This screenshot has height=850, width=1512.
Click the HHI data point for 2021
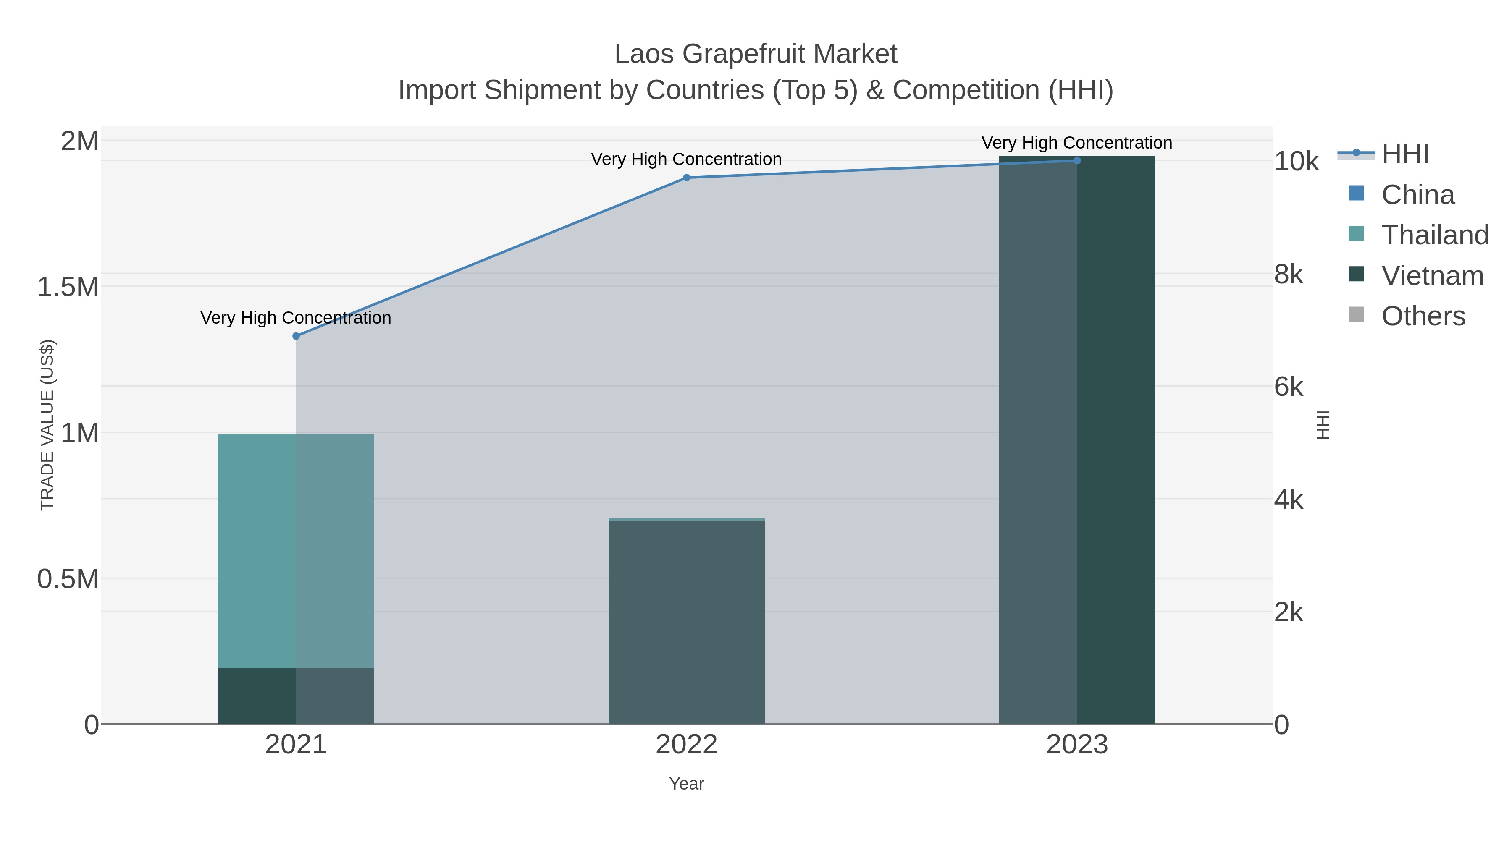point(296,336)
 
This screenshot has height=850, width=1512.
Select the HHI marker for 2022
point(686,178)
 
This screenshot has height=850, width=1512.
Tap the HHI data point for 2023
point(1076,161)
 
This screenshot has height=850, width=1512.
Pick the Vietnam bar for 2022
point(686,622)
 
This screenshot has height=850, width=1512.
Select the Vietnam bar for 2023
point(1076,440)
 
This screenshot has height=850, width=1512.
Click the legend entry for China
point(1417,195)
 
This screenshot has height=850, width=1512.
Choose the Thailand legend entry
point(1435,235)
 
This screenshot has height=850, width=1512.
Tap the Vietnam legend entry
point(1432,276)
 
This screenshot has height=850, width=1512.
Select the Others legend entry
point(1423,316)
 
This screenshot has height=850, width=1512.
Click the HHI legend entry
point(1404,154)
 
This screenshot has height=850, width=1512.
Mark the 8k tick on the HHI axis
point(1289,275)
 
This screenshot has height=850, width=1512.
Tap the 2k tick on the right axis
point(1289,612)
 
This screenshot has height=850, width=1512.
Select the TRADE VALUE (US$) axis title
point(47,425)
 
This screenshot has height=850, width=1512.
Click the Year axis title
point(686,784)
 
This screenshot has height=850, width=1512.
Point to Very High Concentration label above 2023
point(1076,143)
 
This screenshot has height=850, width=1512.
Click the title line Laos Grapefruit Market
point(756,54)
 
